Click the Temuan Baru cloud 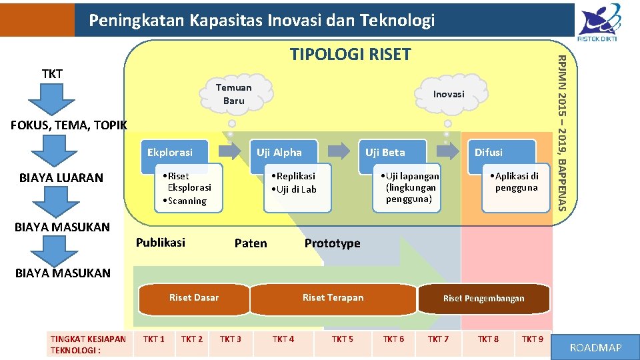click(234, 94)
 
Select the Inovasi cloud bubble click(449, 94)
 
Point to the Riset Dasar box click(193, 298)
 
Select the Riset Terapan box click(333, 298)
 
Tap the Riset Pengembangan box click(484, 299)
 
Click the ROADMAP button click(596, 347)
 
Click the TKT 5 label click(343, 339)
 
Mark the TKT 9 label click(532, 339)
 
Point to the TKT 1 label click(154, 339)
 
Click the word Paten click(251, 243)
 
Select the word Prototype click(332, 243)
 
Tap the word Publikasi click(161, 242)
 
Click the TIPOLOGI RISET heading click(351, 54)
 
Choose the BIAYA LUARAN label click(61, 177)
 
